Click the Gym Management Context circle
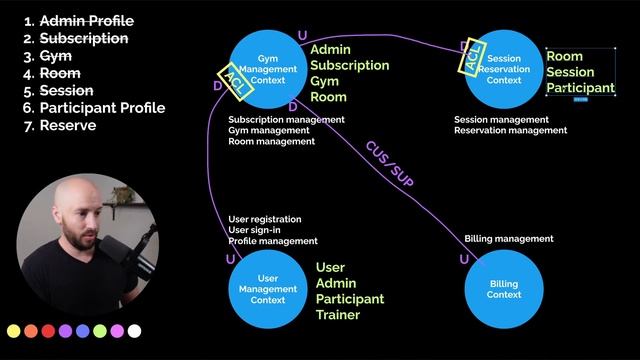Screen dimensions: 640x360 click(268, 69)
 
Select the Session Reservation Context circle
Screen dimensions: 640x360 click(504, 69)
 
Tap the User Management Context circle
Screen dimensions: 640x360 click(268, 289)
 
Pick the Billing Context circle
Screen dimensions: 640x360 click(504, 289)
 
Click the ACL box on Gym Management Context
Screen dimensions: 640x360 click(236, 82)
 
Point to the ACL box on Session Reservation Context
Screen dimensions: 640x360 click(472, 56)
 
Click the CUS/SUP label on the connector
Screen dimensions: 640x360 click(389, 164)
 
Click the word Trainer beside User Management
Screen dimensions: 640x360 click(338, 315)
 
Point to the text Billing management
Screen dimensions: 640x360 click(509, 239)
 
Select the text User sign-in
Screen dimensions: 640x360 click(254, 230)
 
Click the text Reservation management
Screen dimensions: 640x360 click(511, 131)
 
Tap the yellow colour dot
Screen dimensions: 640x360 click(13, 331)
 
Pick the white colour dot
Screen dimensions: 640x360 click(134, 331)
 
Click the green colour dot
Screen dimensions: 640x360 click(100, 331)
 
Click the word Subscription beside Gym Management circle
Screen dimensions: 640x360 click(350, 66)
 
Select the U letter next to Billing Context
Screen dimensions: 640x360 click(464, 259)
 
